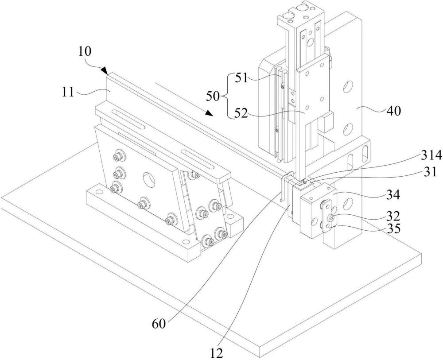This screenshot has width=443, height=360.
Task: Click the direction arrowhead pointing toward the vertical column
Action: click(x=209, y=113)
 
